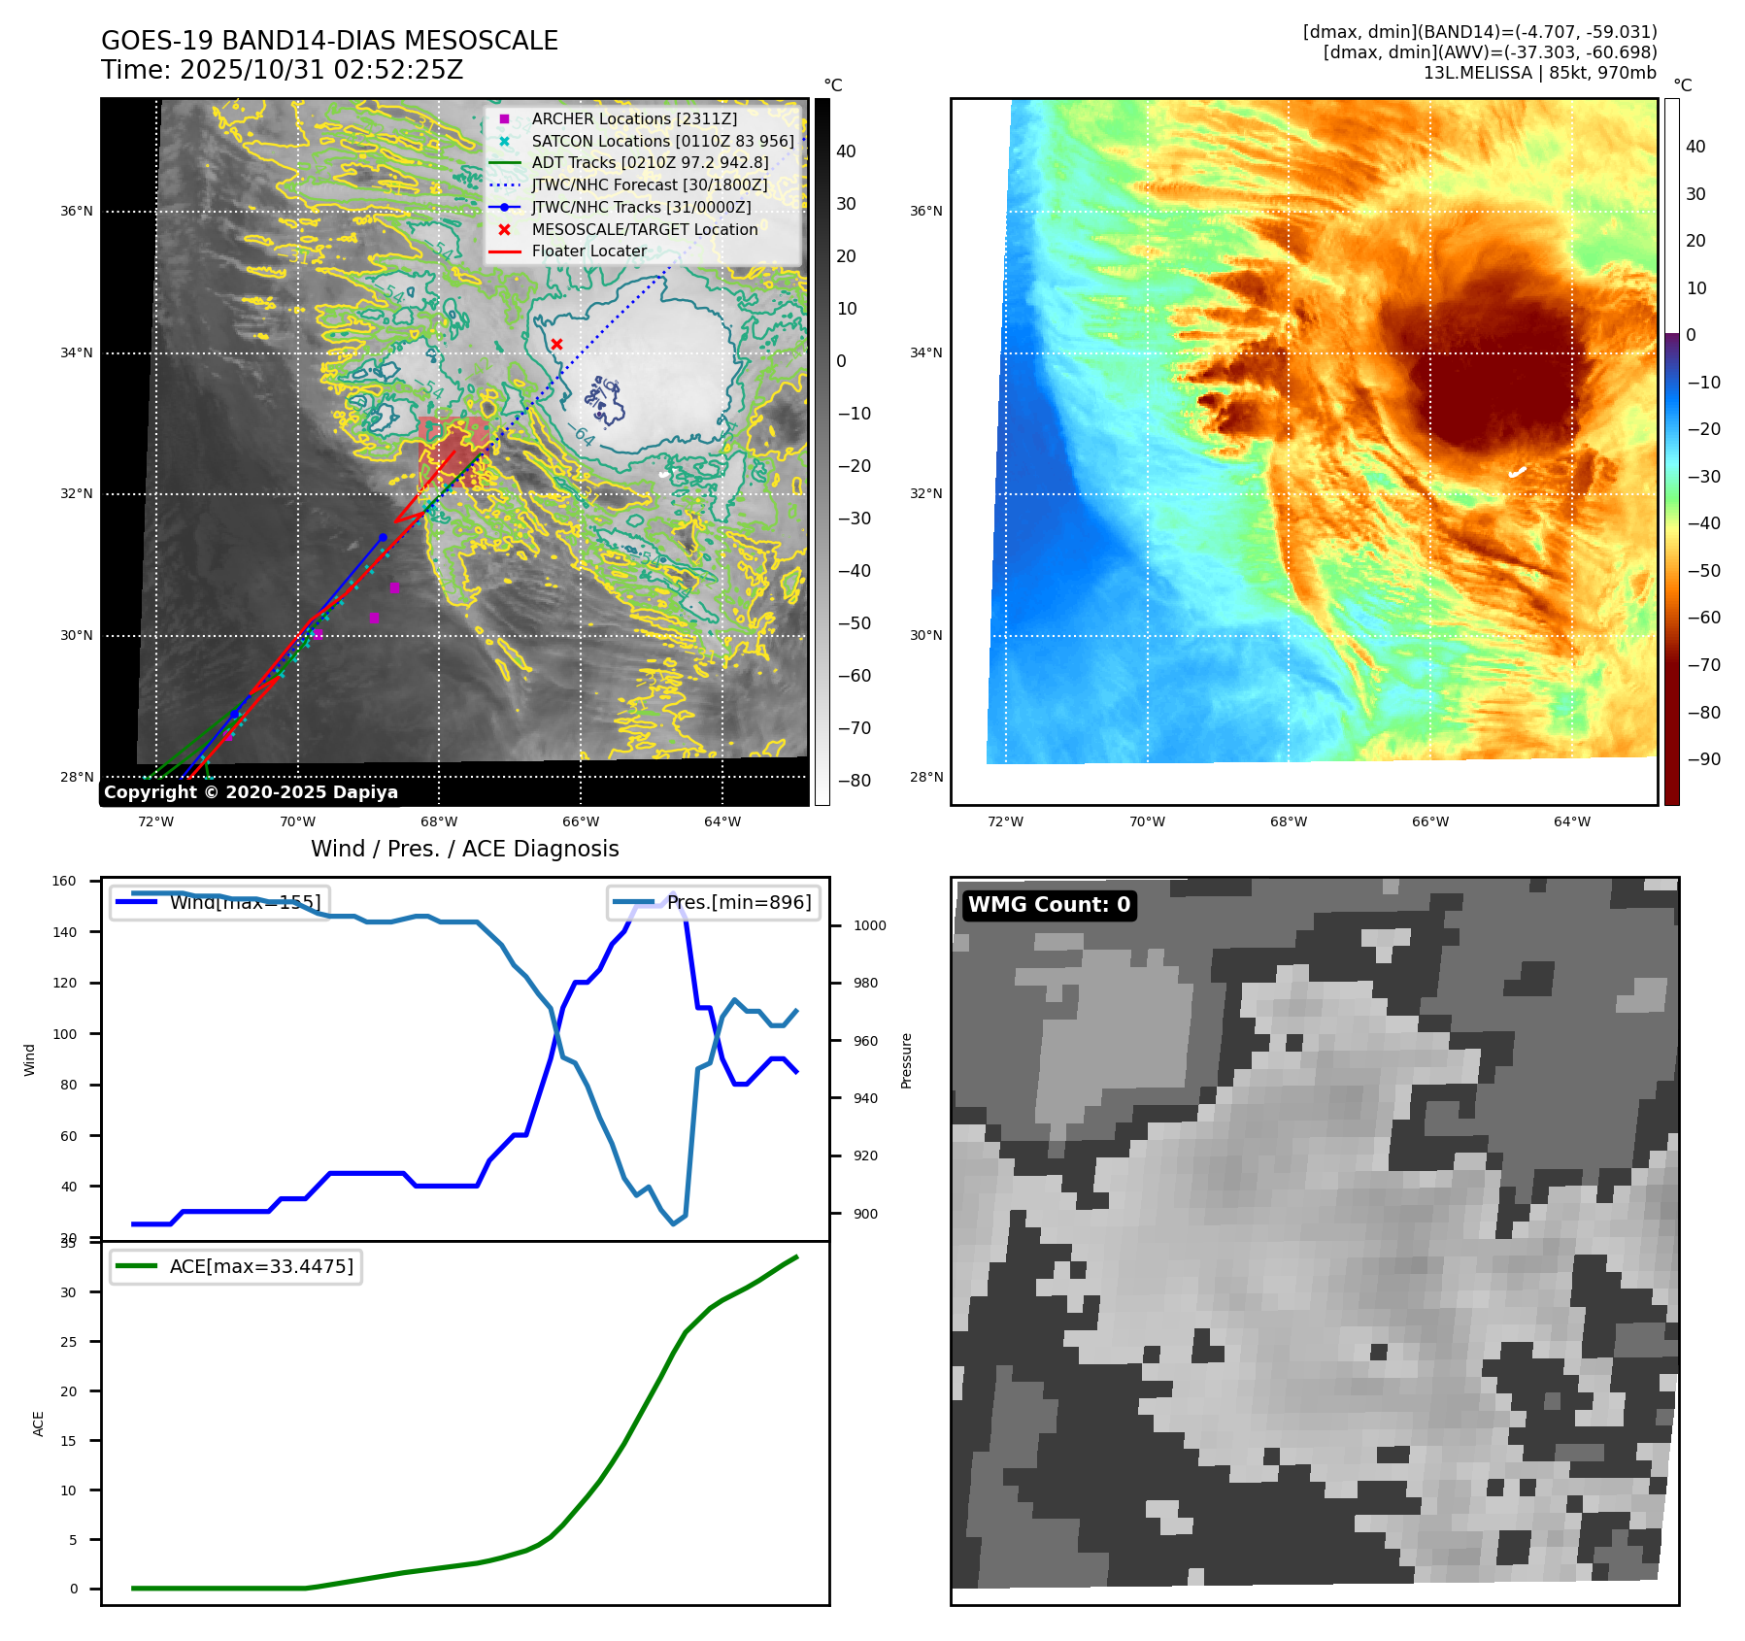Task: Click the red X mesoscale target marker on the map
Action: (x=556, y=344)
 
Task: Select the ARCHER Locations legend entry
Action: (x=633, y=118)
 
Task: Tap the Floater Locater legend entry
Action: (x=588, y=251)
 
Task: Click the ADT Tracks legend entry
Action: (x=650, y=162)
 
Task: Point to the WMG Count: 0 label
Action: (x=1049, y=905)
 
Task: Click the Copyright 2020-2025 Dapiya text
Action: (x=251, y=792)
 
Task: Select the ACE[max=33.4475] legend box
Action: (x=236, y=1266)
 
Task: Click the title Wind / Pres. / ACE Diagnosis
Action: (x=464, y=849)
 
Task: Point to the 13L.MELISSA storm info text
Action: (x=1539, y=73)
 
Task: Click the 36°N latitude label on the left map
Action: (x=77, y=211)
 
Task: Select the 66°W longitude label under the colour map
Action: (x=1429, y=821)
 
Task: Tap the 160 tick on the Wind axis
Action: (x=64, y=881)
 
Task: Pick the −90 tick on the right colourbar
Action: (x=1703, y=759)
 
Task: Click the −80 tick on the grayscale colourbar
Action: (x=854, y=781)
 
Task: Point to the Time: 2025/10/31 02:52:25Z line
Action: (x=282, y=70)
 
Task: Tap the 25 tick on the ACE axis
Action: (x=68, y=1342)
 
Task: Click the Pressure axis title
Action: (x=906, y=1060)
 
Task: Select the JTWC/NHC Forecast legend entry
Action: (x=649, y=184)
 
